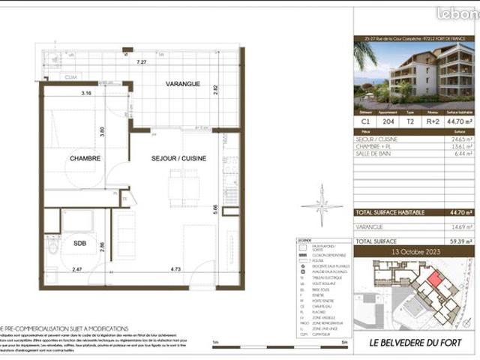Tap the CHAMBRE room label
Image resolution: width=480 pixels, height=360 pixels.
[85, 158]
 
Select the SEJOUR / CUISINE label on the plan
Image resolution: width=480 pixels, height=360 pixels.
[178, 158]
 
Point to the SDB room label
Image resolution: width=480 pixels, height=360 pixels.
[77, 243]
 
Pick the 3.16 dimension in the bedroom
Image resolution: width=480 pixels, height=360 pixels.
[86, 94]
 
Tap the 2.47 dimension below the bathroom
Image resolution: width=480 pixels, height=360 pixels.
[76, 268]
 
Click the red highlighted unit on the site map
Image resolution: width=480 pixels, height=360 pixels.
[433, 283]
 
